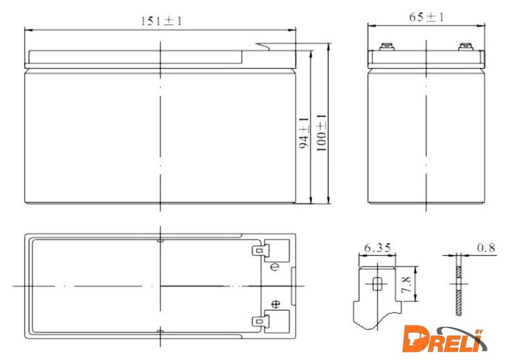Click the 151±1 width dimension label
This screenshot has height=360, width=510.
161,21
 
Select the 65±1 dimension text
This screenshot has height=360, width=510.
426,17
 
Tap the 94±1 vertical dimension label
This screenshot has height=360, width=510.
304,133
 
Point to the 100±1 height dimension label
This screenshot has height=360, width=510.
321,132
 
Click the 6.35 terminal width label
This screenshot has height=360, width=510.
377,248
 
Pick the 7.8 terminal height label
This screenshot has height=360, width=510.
406,285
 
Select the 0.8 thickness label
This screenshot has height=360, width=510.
486,248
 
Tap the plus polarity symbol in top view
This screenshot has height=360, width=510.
276,304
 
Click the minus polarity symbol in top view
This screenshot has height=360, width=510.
275,267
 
